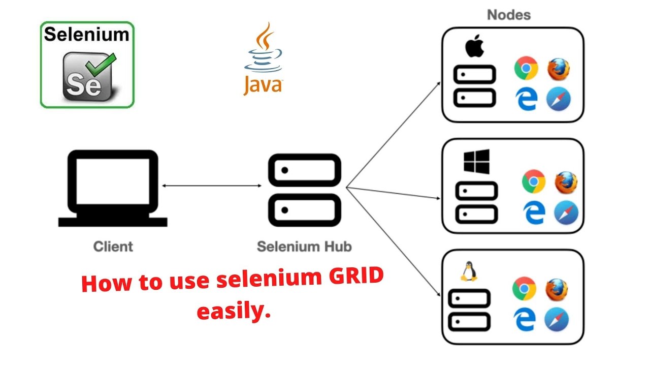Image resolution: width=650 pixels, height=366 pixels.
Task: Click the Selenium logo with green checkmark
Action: tap(87, 65)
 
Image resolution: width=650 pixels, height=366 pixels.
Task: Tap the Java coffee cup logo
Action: tap(263, 59)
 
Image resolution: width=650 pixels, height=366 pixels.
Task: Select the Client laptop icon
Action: tap(113, 188)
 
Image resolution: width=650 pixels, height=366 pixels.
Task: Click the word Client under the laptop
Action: tap(113, 247)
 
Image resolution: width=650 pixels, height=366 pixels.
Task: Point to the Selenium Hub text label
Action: tap(304, 247)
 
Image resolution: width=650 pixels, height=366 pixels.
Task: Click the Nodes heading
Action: tap(509, 15)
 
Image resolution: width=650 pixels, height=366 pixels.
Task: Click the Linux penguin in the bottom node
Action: tap(468, 272)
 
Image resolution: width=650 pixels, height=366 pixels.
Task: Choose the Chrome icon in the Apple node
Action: tap(526, 69)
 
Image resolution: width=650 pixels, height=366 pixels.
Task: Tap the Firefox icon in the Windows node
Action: tap(566, 182)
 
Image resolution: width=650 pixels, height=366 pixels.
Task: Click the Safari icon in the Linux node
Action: tap(557, 319)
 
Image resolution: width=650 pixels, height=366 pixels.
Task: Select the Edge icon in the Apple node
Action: tap(527, 99)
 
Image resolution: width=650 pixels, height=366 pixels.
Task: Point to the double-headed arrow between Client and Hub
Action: tap(211, 186)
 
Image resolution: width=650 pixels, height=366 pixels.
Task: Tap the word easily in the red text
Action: tap(232, 311)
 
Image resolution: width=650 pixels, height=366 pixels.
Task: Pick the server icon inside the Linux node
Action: tap(470, 310)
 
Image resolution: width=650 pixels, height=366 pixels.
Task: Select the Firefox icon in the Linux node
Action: tap(557, 289)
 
